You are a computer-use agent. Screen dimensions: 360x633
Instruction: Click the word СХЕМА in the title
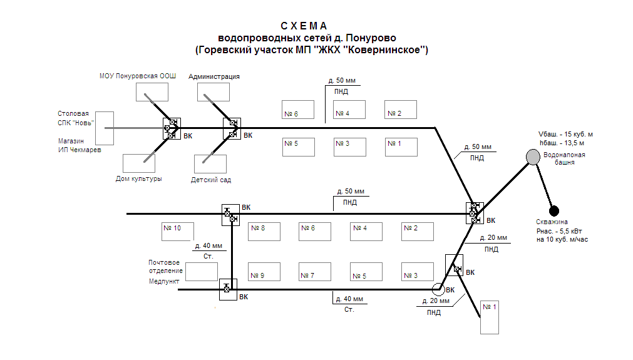304,26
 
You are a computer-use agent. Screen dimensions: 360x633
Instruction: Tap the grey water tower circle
533,157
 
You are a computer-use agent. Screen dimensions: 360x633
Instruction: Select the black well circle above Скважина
554,210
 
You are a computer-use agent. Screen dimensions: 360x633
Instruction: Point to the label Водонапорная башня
560,158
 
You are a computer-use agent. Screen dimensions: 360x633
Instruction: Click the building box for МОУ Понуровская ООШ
152,91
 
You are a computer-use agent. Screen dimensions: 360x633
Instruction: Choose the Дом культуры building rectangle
138,163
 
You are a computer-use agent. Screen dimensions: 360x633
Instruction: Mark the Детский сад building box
210,164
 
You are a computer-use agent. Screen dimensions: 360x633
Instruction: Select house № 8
264,231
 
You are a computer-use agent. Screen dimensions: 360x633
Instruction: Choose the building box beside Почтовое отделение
202,272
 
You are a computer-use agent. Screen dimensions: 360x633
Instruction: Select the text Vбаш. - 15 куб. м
565,134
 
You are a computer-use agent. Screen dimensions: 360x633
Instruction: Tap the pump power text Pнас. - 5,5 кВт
561,230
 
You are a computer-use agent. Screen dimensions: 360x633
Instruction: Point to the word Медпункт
164,282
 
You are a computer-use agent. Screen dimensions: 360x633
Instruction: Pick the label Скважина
552,222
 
